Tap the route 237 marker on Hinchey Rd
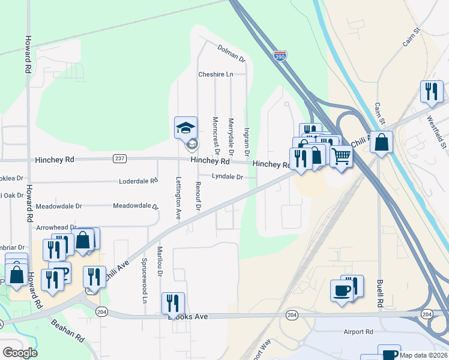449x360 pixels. point(119,158)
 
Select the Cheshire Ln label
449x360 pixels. point(215,74)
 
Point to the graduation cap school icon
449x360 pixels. point(186,127)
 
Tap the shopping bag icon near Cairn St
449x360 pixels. point(381,143)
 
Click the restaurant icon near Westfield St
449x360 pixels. point(432,92)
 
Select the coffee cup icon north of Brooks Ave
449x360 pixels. point(342,291)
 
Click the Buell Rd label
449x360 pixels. point(380,293)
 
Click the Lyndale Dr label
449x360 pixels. point(227,177)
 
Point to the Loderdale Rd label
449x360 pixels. point(138,180)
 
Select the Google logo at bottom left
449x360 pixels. point(20,353)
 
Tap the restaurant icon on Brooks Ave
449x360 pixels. point(173,304)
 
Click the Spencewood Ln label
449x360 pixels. point(145,281)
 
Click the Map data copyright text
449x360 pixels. point(424,355)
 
